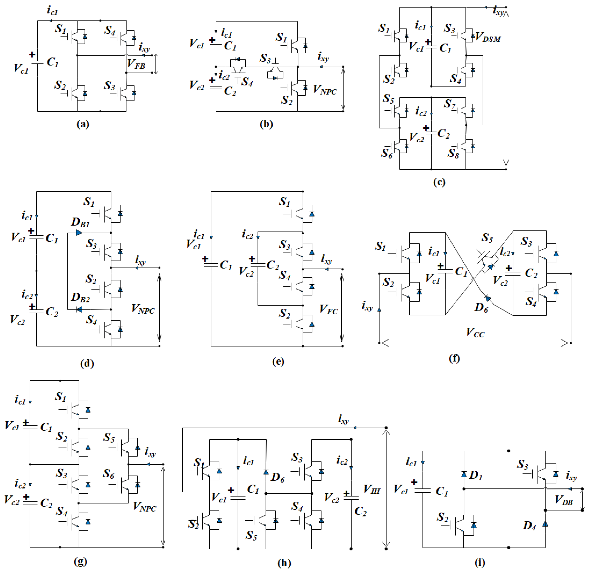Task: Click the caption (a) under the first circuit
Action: [83, 124]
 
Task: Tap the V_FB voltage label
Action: [136, 64]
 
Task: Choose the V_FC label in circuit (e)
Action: [329, 309]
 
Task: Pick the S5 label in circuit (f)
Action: [487, 238]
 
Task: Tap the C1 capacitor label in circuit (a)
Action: [53, 62]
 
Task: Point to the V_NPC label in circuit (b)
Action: [325, 90]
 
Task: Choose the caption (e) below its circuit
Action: [278, 361]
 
